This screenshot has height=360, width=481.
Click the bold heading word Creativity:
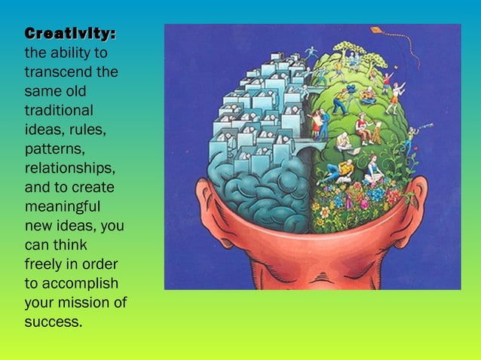70,35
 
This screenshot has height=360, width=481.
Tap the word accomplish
78,284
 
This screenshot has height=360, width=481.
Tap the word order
100,264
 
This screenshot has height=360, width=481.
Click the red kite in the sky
376,31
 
